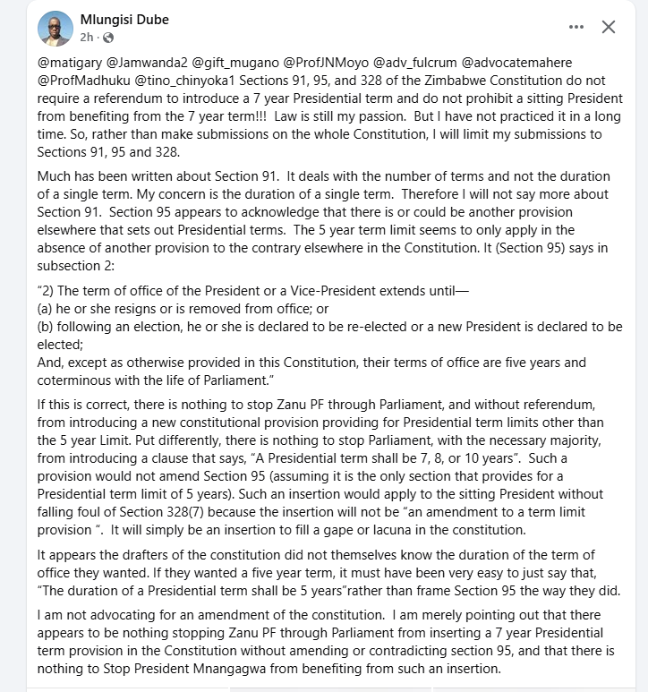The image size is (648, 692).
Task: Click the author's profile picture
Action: click(55, 28)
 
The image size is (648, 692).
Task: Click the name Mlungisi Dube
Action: click(124, 20)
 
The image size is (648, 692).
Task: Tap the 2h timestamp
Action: click(87, 38)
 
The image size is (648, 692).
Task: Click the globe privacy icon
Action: click(109, 38)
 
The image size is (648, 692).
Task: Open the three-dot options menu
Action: click(576, 28)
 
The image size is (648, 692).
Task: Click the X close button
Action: click(609, 28)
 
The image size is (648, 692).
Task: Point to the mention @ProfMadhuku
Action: click(80, 81)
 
